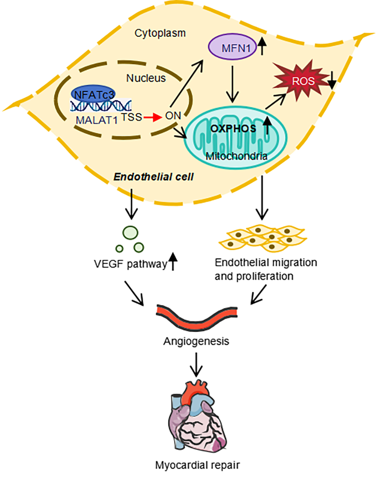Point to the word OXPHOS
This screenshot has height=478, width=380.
(234, 128)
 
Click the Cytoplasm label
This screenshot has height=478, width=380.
(160, 33)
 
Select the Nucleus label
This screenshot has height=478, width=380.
(146, 78)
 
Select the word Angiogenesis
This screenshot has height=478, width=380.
(196, 341)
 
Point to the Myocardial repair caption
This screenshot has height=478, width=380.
(197, 465)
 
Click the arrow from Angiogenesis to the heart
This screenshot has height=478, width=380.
(196, 365)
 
